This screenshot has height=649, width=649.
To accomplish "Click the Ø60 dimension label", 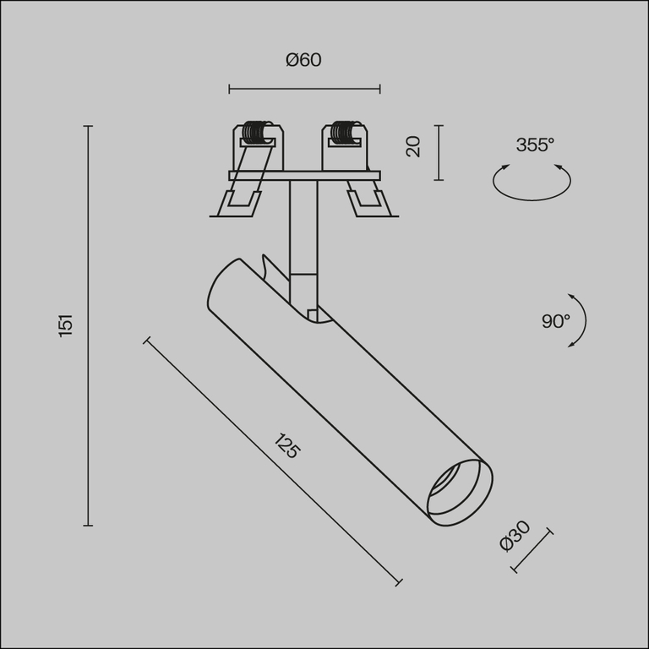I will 304,60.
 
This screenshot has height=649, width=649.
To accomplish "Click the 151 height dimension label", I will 67,324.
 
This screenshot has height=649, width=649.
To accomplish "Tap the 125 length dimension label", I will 287,445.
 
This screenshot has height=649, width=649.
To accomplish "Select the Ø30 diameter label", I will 514,536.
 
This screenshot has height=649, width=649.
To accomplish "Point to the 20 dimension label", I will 413,147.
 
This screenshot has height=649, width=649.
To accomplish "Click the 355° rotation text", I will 535,145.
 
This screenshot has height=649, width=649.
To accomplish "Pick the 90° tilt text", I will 555,321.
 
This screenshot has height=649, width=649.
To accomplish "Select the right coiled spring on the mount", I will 342,133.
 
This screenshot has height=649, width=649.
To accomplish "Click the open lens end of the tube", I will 459,490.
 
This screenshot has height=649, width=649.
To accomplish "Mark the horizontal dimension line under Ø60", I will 304,88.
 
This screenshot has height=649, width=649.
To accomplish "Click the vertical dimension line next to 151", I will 88,325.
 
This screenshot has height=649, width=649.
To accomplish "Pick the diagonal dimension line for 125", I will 273,461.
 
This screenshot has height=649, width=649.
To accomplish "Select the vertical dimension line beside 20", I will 438,152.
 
